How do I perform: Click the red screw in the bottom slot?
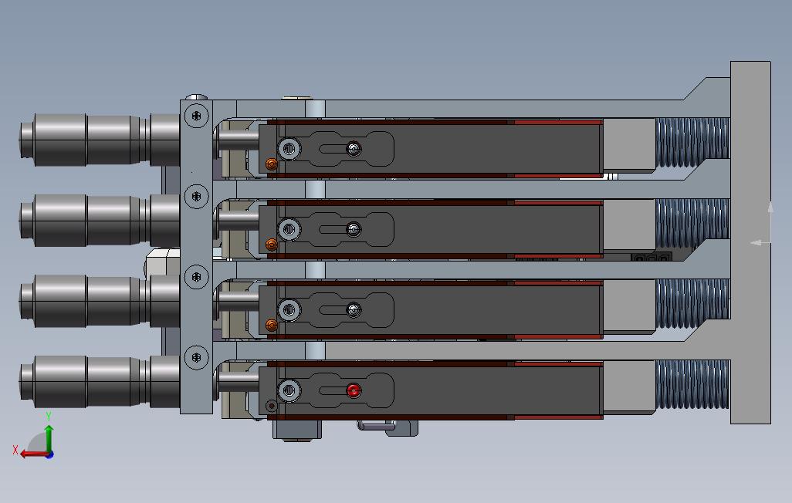(x=354, y=390)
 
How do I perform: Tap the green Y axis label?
(x=49, y=416)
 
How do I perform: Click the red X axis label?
(x=15, y=450)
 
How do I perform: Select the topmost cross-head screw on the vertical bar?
(x=197, y=116)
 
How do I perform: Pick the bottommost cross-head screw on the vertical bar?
(x=197, y=357)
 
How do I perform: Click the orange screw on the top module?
(x=271, y=164)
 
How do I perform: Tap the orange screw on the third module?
(x=271, y=326)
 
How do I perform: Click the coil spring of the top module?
(x=692, y=143)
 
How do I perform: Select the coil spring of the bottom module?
(x=692, y=384)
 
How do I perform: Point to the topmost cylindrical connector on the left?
(x=100, y=140)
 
